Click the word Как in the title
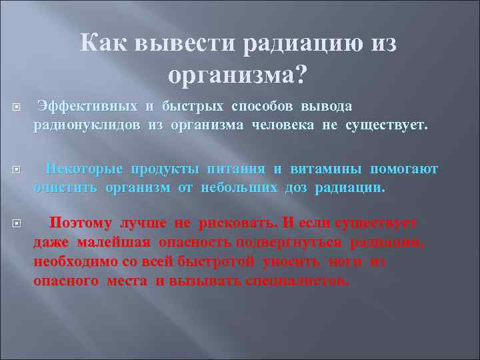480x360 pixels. [103, 43]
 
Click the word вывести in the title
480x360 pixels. [185, 43]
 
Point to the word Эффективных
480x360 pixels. [87, 106]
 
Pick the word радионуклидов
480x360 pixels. [87, 125]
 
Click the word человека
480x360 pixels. [283, 125]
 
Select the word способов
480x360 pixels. [262, 107]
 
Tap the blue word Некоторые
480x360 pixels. [84, 169]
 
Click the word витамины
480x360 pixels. [326, 169]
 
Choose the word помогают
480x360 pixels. [404, 169]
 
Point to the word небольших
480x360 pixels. [239, 187]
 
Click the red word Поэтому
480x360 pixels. [81, 223]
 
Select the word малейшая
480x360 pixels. [113, 243]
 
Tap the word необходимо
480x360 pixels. [71, 261]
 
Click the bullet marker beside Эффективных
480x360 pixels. [17, 107]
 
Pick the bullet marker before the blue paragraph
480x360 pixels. [17, 169]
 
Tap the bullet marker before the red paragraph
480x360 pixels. [17, 223]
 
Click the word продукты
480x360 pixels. [165, 169]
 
